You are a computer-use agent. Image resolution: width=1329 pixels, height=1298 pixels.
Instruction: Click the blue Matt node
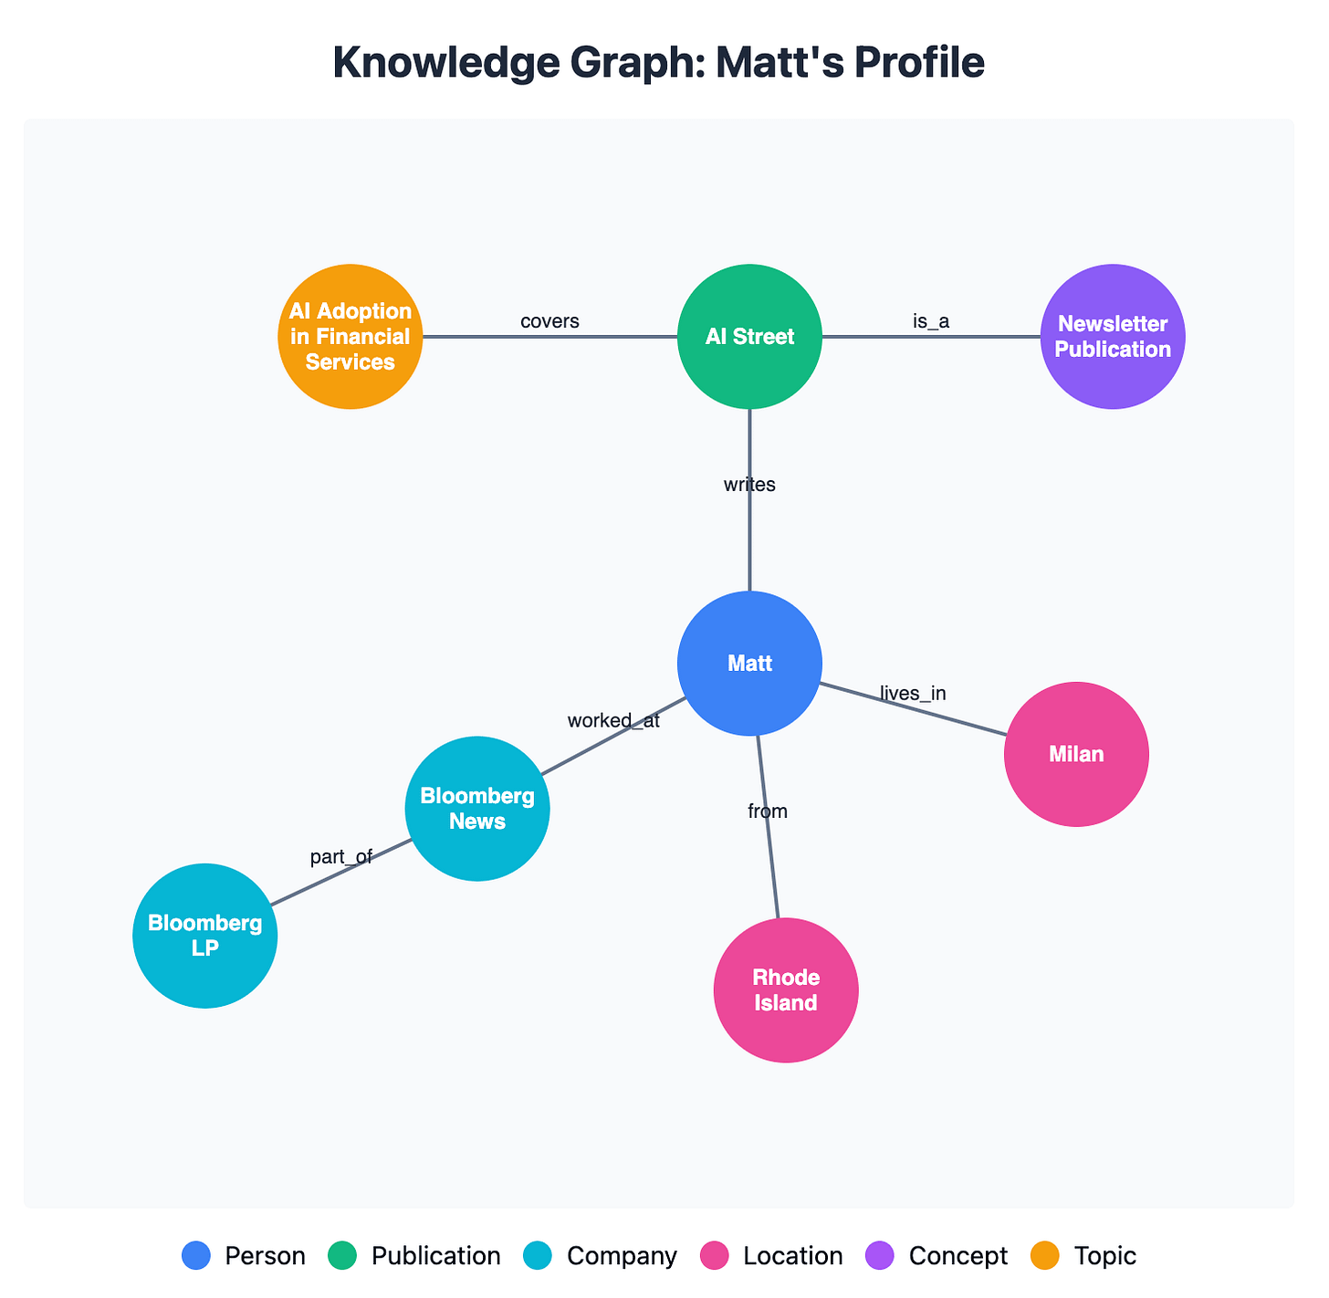tap(749, 664)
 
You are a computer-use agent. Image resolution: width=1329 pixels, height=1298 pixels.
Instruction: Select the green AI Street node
tap(749, 337)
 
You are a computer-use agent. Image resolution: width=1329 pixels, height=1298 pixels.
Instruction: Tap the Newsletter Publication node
tap(1113, 337)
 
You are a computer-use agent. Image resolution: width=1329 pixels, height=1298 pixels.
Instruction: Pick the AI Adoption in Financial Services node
tap(351, 337)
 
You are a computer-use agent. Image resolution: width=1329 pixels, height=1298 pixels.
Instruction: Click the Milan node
tap(1076, 754)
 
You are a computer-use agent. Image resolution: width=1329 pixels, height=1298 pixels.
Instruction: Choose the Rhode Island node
tap(786, 989)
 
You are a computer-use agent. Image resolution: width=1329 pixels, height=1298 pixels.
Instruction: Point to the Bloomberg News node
tap(477, 809)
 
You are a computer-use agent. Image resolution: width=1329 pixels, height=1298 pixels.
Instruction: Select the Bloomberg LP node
tap(205, 936)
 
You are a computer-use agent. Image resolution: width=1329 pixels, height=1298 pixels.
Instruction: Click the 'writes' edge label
tap(749, 485)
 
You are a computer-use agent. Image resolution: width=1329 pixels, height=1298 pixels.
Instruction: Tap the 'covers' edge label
tap(549, 321)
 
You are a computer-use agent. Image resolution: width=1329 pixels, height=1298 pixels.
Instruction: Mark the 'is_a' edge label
tap(931, 321)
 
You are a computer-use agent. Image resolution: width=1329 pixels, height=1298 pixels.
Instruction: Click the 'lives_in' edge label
tap(913, 694)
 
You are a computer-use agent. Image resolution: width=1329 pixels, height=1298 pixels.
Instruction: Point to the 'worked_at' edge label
tap(613, 721)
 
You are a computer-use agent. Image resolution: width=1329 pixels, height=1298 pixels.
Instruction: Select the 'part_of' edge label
tap(341, 857)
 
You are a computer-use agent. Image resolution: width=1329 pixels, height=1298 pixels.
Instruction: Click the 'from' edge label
tap(768, 811)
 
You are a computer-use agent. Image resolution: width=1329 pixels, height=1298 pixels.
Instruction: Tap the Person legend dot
tap(196, 1256)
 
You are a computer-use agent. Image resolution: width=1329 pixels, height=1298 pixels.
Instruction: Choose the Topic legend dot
tap(1045, 1256)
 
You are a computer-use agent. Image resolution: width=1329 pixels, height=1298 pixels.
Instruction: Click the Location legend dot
tap(715, 1256)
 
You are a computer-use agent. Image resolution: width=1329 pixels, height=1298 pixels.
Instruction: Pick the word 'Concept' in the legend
tap(958, 1256)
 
